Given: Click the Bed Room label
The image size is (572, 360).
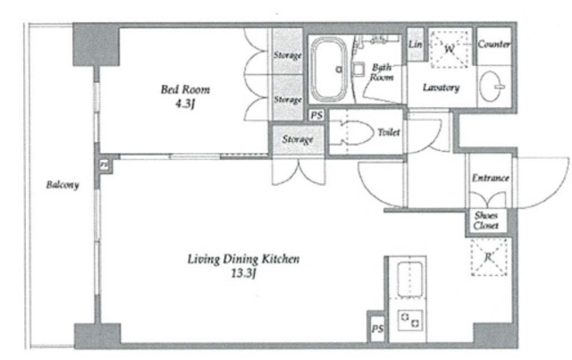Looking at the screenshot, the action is pos(185,89).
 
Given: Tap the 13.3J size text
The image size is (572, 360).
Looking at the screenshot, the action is pos(243,273).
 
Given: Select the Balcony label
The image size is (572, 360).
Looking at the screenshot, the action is pos(63,185).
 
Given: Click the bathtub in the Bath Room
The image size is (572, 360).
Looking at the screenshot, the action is pos(330,70).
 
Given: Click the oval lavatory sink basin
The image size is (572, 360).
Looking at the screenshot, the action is pos(490,87).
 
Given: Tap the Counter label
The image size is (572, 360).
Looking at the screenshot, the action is pos(493,45).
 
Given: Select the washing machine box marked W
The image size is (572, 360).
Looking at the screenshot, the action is pos(449,49).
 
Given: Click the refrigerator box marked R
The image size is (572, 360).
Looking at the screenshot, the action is pos(489,257).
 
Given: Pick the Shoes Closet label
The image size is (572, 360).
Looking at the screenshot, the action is pos(486,221).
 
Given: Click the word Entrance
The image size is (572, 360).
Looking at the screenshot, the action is pos(491,178).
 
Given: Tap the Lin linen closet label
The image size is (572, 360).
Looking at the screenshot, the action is pos(415,45).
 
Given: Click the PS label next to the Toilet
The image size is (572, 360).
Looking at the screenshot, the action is pos(316,115).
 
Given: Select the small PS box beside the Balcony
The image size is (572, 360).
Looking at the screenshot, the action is pos(104,165).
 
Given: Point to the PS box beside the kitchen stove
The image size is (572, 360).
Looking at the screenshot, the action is pos(377,329).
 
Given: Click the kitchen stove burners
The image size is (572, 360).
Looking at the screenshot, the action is pos(410,320).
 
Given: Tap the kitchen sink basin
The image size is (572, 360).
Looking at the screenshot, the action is pos(410,280).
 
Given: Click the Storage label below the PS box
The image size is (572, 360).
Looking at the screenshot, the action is pos(298,139).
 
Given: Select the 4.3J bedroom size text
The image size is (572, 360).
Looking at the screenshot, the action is pos(185,105).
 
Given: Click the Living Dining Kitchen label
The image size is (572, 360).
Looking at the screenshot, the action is pos(243,259).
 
